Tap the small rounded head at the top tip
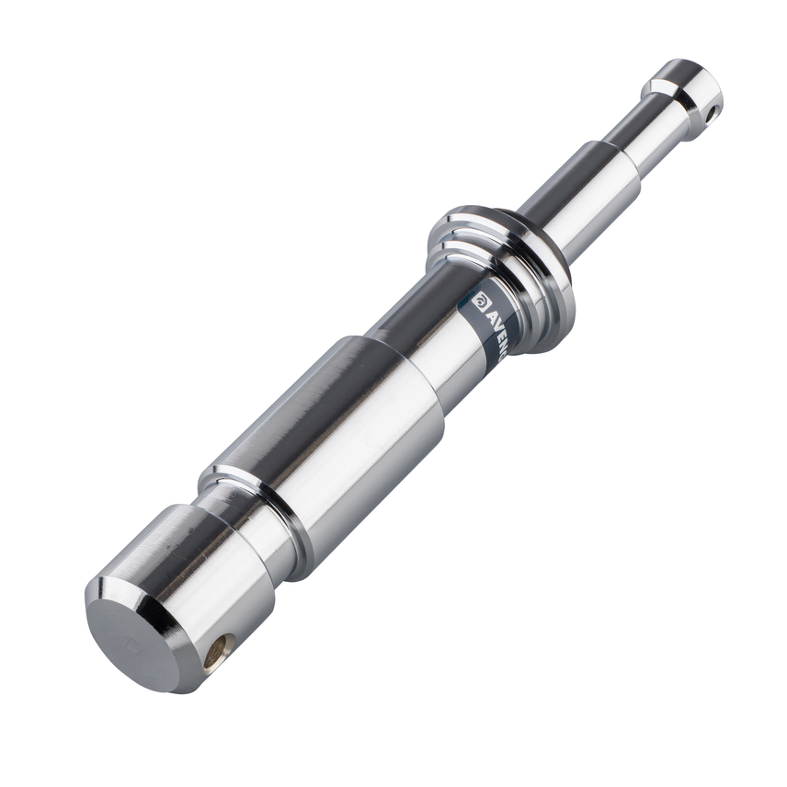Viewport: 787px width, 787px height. (690, 87)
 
